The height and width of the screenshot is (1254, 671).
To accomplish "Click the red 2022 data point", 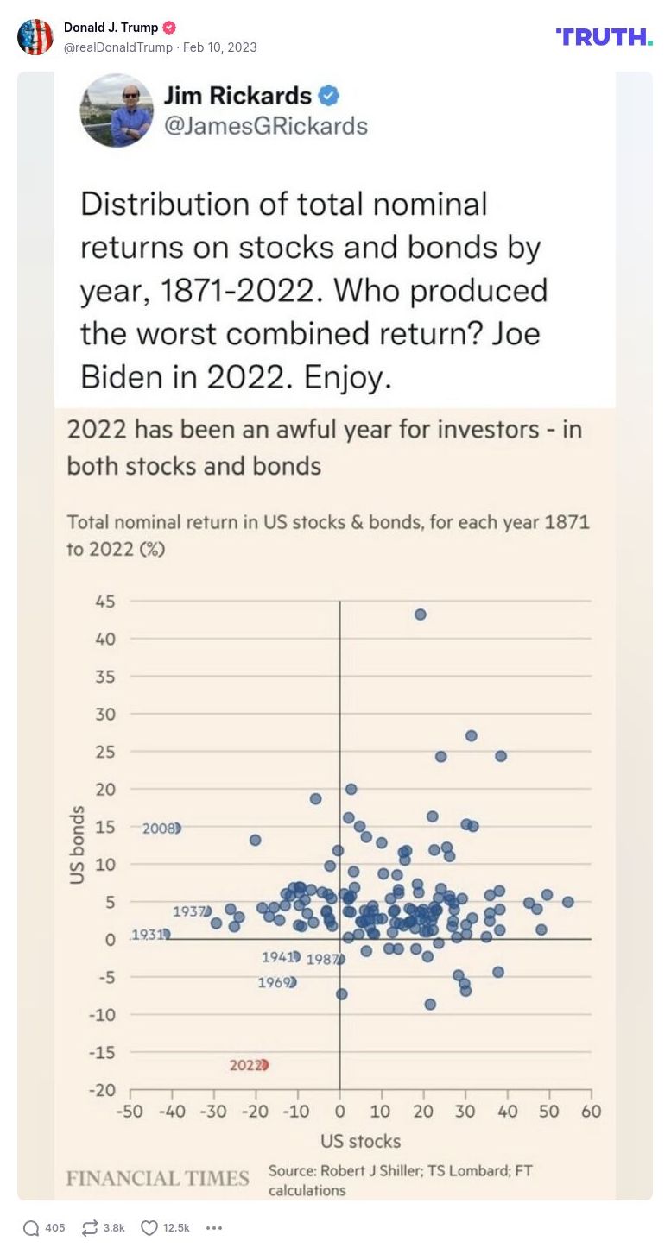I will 263,1065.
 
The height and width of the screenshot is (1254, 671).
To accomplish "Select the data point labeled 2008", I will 176,828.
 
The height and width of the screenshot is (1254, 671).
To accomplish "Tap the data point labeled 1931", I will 166,934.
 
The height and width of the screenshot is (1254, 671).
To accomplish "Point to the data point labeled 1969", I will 291,982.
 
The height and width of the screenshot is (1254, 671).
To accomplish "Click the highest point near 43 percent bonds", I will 421,614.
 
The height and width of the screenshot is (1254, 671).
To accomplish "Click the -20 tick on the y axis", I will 104,1090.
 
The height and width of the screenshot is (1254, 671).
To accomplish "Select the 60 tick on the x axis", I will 591,1111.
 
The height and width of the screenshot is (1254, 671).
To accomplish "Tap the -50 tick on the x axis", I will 130,1111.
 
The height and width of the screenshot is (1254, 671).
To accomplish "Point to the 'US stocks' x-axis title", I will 360,1141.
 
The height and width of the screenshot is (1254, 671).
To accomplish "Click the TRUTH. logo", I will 604,36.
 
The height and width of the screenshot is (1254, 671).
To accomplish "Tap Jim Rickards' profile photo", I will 117,110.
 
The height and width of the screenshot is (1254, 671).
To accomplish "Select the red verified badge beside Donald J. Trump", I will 169,28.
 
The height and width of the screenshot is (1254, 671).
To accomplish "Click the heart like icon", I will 149,1228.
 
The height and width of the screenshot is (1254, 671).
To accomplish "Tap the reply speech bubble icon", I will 31,1228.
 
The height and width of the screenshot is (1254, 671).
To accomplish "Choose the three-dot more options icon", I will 215,1228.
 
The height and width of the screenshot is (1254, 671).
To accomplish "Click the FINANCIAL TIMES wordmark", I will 157,1178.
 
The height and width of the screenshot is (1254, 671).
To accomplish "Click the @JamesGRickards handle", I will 266,126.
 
